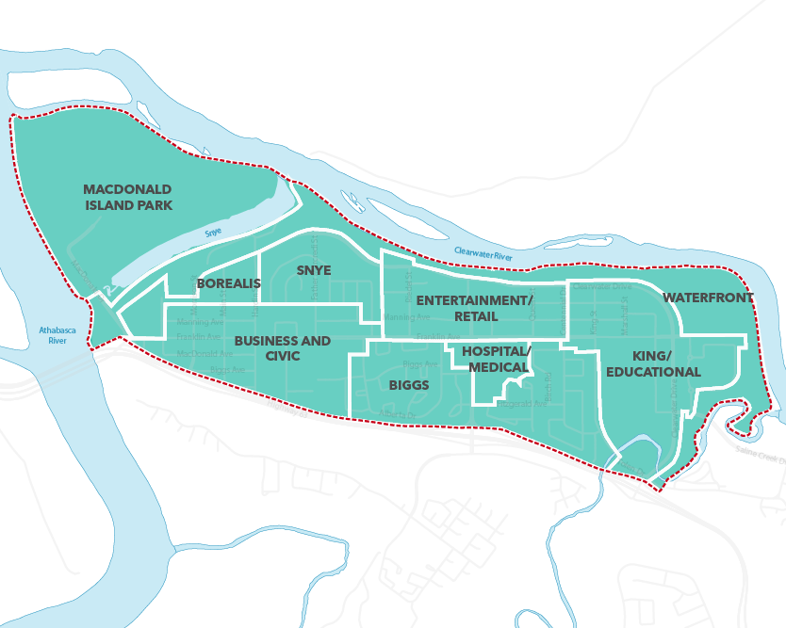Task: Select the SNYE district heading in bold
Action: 314,270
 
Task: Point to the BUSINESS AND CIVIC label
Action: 282,347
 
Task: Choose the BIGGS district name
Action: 408,385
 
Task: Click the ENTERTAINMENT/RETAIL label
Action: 475,308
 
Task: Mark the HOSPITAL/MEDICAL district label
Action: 497,359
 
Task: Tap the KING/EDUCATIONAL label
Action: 652,363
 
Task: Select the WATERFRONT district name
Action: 708,298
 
